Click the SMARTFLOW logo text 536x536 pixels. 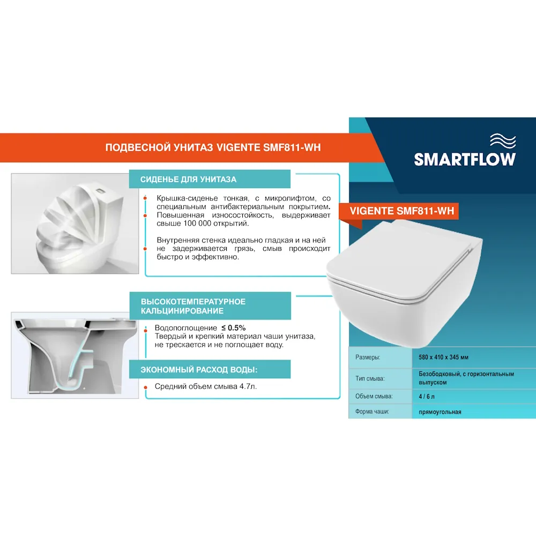465,159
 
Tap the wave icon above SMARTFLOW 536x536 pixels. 502,141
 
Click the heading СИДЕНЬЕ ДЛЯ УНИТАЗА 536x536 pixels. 188,180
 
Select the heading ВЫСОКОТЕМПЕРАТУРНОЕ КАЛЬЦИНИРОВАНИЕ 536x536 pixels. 193,306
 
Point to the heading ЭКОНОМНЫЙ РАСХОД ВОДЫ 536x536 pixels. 198,370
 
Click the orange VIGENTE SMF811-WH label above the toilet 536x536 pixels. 401,211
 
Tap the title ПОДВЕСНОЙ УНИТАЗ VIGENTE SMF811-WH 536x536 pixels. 213,148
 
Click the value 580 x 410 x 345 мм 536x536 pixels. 447,358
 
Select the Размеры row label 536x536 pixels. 368,358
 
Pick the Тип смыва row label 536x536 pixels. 370,378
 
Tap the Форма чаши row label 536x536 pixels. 371,412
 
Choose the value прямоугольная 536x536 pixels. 440,412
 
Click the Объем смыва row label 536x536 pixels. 374,397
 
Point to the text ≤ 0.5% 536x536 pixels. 234,327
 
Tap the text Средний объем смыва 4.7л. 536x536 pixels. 206,386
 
